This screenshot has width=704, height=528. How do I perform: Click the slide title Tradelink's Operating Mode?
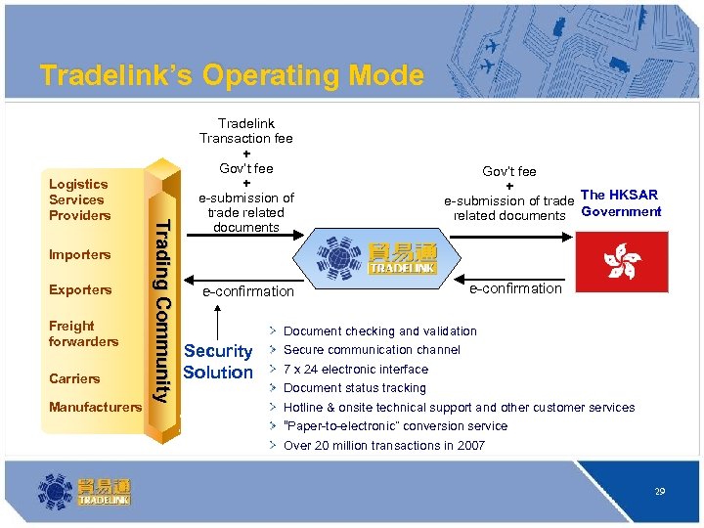coord(232,75)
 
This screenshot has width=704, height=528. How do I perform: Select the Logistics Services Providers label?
coord(79,199)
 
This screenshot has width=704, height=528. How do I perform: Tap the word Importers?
coord(79,254)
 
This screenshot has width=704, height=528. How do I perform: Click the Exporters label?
coord(79,289)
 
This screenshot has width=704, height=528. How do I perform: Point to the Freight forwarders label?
coord(83,333)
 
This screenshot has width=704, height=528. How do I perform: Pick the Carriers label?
coord(74,378)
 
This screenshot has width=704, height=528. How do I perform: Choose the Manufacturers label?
coord(95,406)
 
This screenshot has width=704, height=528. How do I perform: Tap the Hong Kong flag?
coord(622,262)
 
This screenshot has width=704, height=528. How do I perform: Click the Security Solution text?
coord(218,362)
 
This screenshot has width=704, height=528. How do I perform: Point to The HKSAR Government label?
coord(620,203)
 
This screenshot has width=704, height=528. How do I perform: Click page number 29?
coord(660,492)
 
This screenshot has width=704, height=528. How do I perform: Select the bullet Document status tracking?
coord(354,388)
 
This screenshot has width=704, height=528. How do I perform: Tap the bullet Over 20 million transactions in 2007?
coord(383,446)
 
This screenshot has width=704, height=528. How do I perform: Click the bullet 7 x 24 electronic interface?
coord(355,370)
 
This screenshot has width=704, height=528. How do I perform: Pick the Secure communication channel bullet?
coord(372,350)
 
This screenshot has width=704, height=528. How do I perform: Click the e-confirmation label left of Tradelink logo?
coord(247,291)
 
